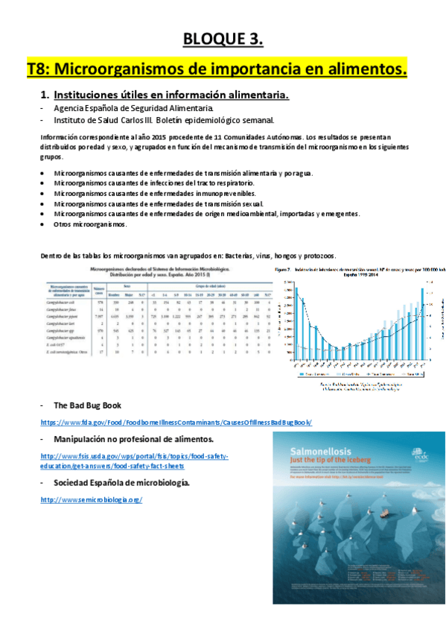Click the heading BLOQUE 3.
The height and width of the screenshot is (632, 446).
point(223,38)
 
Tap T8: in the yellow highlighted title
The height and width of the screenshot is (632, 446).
point(41,69)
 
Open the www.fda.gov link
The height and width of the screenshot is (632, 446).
point(176,422)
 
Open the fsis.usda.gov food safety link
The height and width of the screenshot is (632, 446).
point(135,455)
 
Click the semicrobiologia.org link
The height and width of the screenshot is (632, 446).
point(91,499)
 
